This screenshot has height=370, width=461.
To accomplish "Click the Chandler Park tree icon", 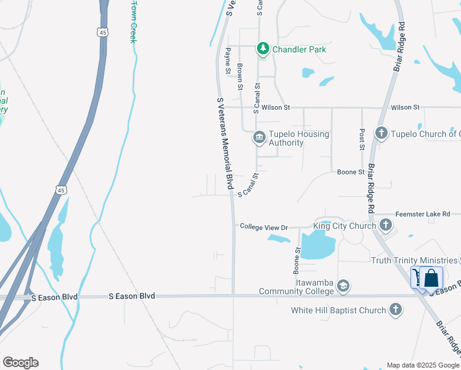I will click(263, 48).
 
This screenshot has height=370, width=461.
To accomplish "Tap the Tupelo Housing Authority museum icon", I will click(259, 138).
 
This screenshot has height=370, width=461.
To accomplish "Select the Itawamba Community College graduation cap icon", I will click(343, 286).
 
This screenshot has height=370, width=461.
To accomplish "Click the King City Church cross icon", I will click(386, 225).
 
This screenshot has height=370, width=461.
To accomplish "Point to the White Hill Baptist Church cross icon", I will click(396, 310).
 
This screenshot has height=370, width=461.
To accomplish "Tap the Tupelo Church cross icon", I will click(381, 133).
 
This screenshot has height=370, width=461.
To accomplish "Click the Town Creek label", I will click(133, 21).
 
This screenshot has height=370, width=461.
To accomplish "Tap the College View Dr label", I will click(264, 228).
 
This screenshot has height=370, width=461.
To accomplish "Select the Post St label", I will click(362, 139).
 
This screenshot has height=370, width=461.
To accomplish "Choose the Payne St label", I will click(227, 60).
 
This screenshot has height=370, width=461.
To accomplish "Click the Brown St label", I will click(240, 76).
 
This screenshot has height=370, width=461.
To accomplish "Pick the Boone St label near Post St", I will click(351, 172).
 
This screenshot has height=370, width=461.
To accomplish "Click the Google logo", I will click(20, 363).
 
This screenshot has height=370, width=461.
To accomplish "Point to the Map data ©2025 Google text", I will click(423, 365).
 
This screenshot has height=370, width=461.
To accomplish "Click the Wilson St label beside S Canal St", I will click(275, 107).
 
